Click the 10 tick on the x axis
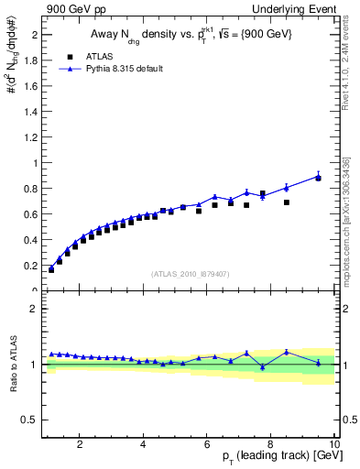(334, 444)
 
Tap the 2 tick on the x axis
(80, 444)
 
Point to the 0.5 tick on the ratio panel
(30, 420)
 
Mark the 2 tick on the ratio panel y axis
(34, 309)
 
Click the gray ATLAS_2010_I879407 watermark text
(191, 272)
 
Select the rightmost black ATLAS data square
(319, 178)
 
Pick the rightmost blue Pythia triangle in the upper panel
(319, 177)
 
